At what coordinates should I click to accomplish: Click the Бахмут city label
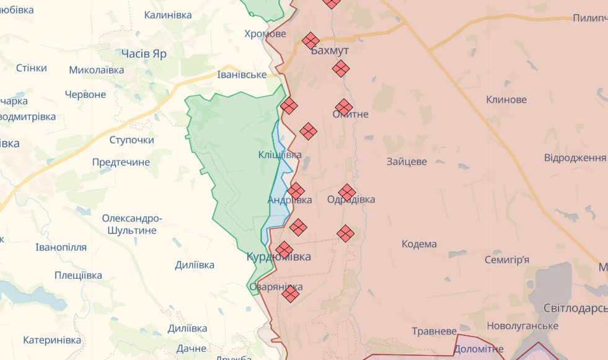point(330,51)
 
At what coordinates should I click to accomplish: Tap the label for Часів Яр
point(144,54)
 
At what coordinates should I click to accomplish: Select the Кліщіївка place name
point(280,155)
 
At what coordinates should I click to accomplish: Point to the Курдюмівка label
point(279,257)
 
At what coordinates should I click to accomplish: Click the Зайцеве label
point(407,162)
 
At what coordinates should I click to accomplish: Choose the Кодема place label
point(419,244)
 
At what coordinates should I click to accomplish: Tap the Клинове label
point(506,100)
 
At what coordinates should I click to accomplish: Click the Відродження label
point(575,157)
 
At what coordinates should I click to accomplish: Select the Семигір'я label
point(506,260)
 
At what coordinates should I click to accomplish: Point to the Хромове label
point(265,33)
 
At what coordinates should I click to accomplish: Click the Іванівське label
point(242,75)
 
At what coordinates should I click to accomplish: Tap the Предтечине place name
point(121,162)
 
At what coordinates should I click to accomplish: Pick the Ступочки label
point(131,140)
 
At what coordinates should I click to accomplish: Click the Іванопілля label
point(61,247)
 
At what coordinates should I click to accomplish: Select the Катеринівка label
point(52,340)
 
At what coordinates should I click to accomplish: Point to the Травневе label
point(435,331)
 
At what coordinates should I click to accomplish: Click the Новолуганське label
point(522,326)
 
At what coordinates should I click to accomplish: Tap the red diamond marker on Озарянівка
point(290,294)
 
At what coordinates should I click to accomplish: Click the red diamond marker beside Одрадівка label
point(347,193)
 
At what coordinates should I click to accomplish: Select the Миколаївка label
point(97,70)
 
